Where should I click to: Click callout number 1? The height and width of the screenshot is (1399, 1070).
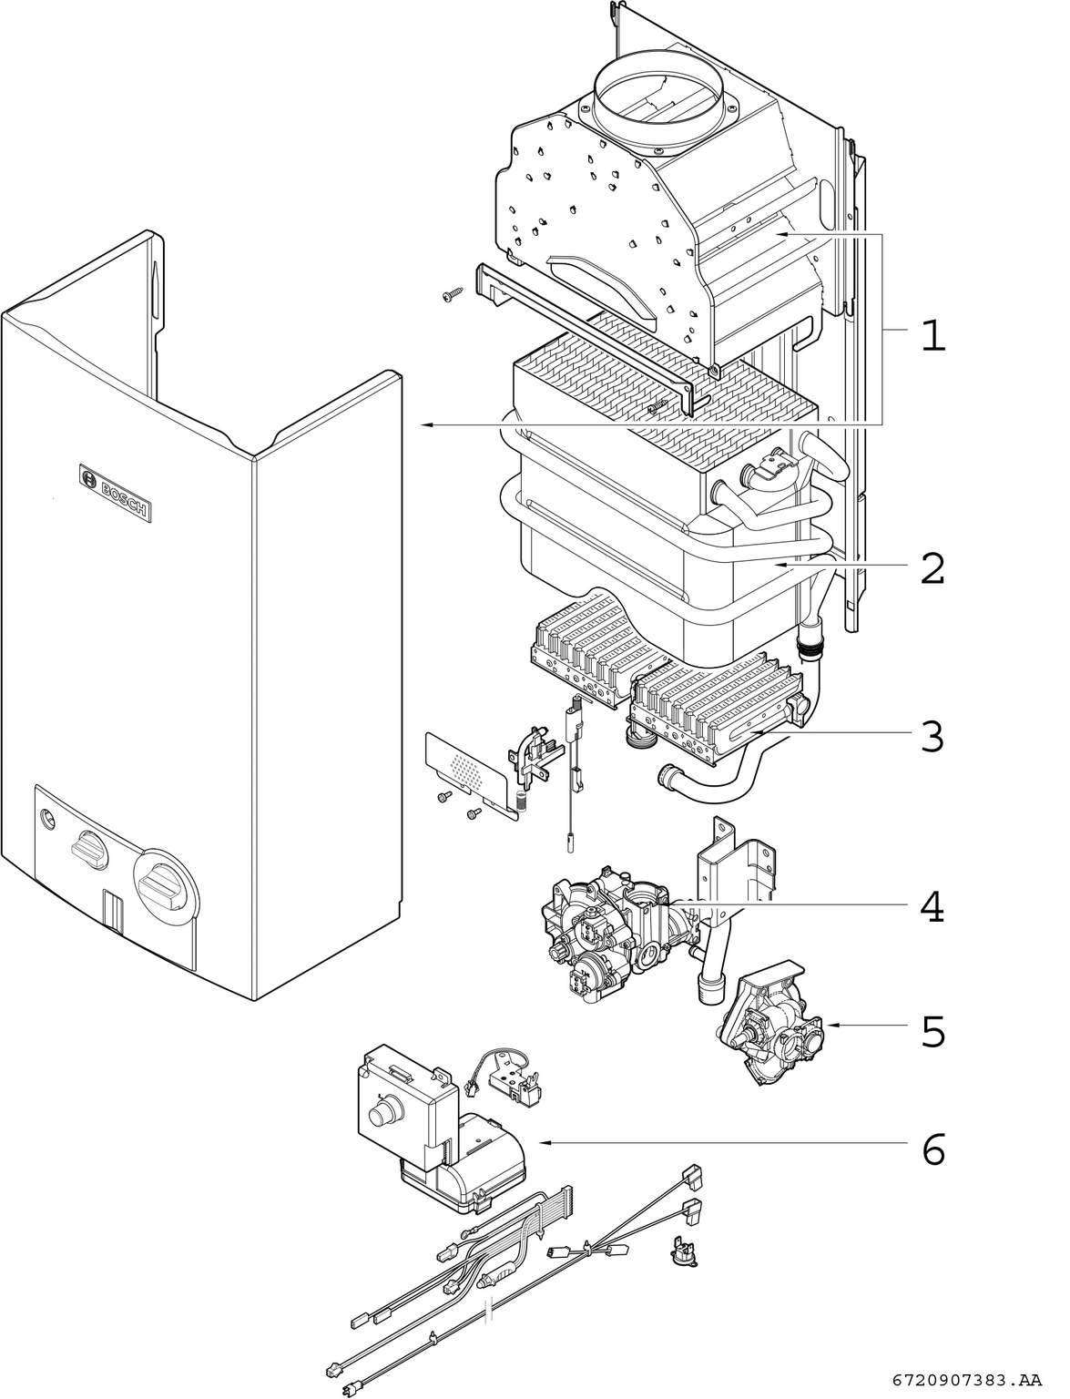pos(932,335)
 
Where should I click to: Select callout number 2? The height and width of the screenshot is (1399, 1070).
pos(932,568)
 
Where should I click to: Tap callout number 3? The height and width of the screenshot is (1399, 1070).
pos(932,736)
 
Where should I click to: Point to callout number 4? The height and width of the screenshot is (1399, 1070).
pos(932,907)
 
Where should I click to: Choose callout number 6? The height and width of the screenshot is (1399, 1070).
pos(932,1149)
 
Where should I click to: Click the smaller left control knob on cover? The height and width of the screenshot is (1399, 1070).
pos(88,849)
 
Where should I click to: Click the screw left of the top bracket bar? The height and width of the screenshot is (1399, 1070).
pos(451,296)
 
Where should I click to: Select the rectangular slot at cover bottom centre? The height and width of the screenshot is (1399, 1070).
pos(114,911)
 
